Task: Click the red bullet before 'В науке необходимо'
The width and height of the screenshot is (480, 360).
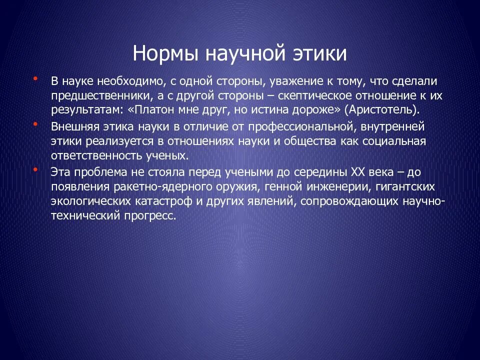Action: [35, 78]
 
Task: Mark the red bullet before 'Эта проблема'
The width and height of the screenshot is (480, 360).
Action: [35, 170]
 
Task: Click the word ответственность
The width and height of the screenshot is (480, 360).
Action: [95, 156]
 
